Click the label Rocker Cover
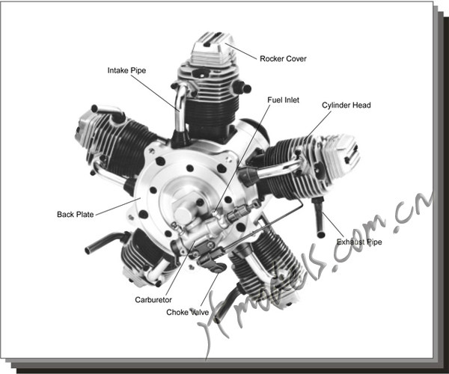[283, 58]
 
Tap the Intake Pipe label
[126, 70]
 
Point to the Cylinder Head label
[346, 105]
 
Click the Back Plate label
[76, 215]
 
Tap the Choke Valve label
[189, 312]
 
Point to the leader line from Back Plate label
[116, 206]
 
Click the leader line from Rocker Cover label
[241, 52]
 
